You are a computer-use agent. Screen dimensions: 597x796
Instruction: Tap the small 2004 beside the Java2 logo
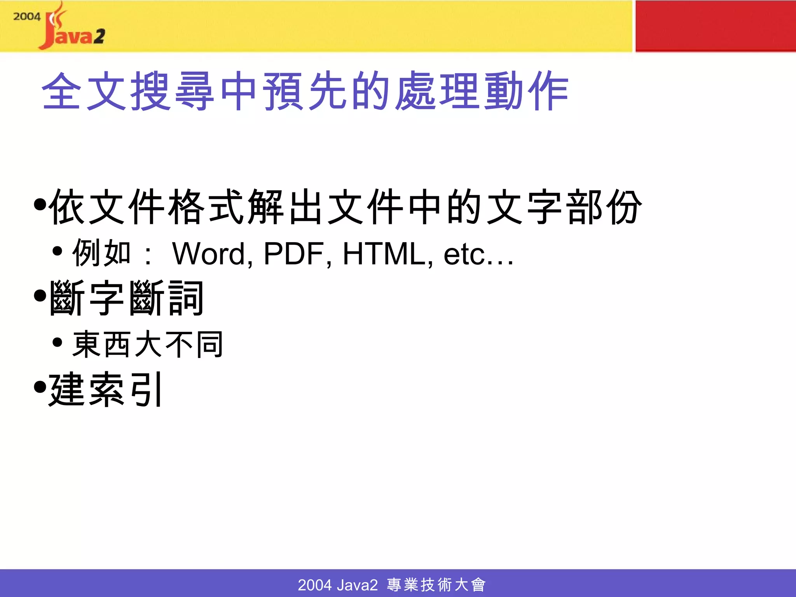pos(26,17)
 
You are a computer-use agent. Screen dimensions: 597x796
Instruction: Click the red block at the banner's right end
pos(715,26)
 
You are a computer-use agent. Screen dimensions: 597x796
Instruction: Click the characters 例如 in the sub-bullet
pos(101,253)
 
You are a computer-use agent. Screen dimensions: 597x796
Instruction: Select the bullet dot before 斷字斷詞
pos(40,296)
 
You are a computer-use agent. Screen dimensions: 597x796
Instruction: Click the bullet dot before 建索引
pos(40,387)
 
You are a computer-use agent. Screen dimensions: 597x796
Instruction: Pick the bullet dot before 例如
pos(58,251)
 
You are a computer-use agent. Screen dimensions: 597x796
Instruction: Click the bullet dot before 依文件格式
pos(40,204)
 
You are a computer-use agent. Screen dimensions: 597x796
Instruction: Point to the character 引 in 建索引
pos(147,389)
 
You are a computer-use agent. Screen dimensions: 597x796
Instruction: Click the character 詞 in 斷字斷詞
pos(186,298)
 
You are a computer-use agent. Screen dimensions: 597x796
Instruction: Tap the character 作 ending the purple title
pos(548,91)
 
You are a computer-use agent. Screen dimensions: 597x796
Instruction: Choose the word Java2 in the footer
pos(357,585)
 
